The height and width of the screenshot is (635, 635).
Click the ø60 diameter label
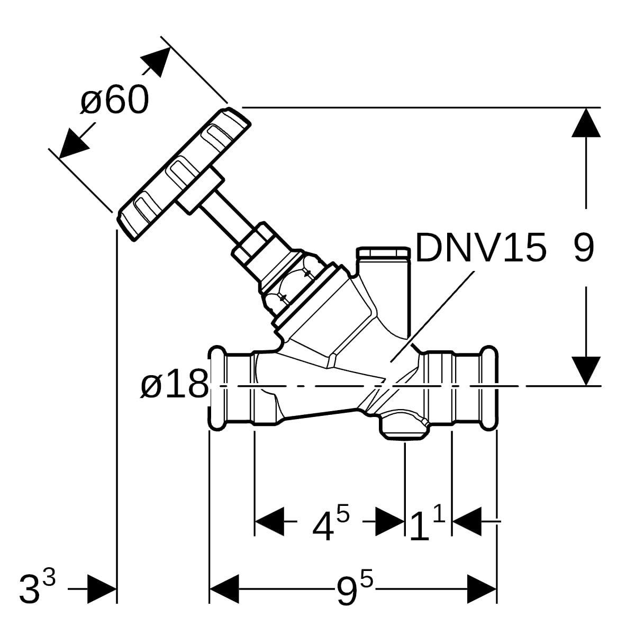point(114,99)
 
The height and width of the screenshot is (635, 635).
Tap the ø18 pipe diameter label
point(175,384)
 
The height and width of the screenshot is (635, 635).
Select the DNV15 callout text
point(481,247)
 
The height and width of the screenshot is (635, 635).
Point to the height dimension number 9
point(584,247)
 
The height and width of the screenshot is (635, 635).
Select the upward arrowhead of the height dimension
point(586,123)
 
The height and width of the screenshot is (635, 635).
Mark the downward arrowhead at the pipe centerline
point(586,371)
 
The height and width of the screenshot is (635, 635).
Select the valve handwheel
point(184,174)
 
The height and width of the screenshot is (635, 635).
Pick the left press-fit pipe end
point(231,388)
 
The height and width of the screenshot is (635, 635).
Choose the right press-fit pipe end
point(461,388)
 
